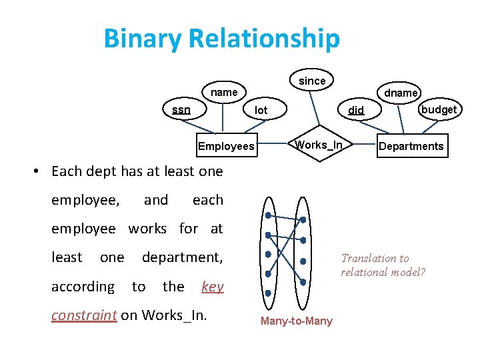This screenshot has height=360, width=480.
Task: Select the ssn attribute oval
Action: (x=181, y=109)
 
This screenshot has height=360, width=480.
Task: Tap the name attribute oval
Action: (x=224, y=92)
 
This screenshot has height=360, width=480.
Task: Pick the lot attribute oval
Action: (x=261, y=109)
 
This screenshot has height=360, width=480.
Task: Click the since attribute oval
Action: (x=312, y=81)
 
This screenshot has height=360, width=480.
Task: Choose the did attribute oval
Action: (x=357, y=110)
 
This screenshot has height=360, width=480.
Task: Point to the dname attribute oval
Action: (x=401, y=93)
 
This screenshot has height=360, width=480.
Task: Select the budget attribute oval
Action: (x=439, y=109)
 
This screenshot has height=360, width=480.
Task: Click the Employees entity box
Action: (x=226, y=146)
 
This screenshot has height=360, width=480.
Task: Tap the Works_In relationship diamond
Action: (x=319, y=145)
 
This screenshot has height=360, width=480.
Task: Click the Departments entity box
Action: (x=411, y=146)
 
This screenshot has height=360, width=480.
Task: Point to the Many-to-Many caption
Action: (x=296, y=321)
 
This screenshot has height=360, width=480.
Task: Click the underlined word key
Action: (x=212, y=287)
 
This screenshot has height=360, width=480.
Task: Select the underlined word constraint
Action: (x=84, y=315)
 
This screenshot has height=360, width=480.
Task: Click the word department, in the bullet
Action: (x=182, y=257)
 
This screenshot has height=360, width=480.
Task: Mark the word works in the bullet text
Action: (x=147, y=229)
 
